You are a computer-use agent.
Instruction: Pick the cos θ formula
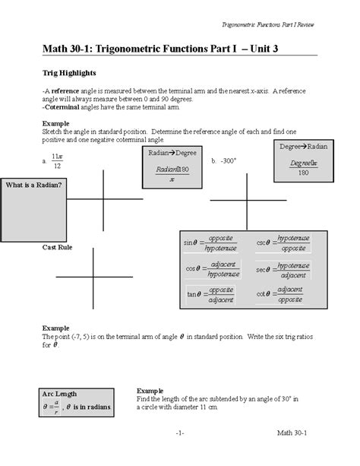pyautogui.click(x=211, y=268)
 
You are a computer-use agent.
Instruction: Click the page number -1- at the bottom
pyautogui.click(x=180, y=453)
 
